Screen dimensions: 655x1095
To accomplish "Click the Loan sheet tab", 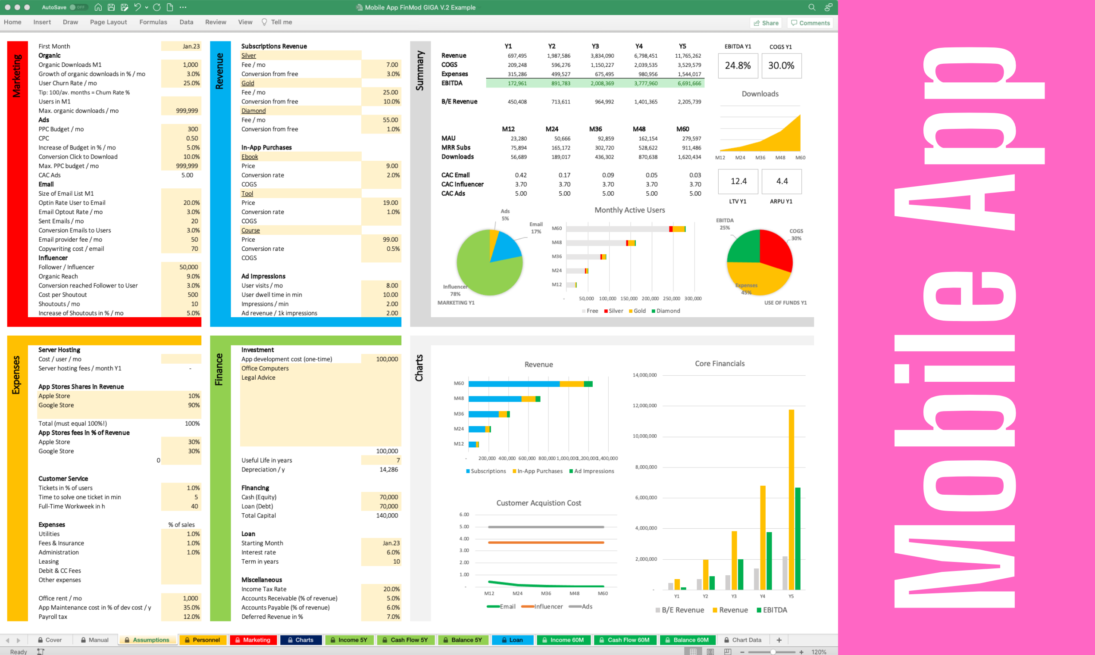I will (512, 639).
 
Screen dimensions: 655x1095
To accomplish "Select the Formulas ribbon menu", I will (153, 22).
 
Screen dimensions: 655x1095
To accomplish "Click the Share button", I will (766, 23).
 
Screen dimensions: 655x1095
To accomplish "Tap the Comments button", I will (810, 23).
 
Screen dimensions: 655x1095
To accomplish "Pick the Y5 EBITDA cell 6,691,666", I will (689, 84).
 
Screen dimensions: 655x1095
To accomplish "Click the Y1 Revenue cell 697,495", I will (517, 56).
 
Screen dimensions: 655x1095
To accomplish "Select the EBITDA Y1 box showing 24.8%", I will (737, 66).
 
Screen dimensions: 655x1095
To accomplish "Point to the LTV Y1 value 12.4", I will (738, 181).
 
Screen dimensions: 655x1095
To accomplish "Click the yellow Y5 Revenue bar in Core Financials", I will (791, 499).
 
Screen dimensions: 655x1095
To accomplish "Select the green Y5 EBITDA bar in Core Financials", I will (798, 539).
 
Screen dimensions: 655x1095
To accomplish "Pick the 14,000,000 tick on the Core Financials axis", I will (644, 375).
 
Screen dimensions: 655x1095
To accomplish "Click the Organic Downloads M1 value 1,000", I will (190, 65).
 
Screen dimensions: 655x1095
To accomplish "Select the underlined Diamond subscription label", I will (253, 111).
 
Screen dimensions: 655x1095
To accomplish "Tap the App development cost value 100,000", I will (387, 359).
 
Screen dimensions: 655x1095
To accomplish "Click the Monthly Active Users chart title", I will (629, 210).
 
